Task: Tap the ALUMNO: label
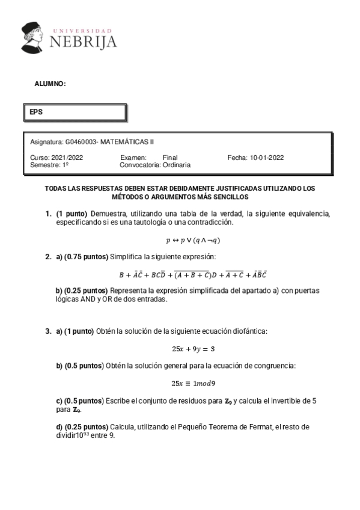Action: [x=50, y=84]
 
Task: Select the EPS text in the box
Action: [x=37, y=112]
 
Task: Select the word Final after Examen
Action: [x=171, y=158]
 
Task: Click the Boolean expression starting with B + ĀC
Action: [x=193, y=275]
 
